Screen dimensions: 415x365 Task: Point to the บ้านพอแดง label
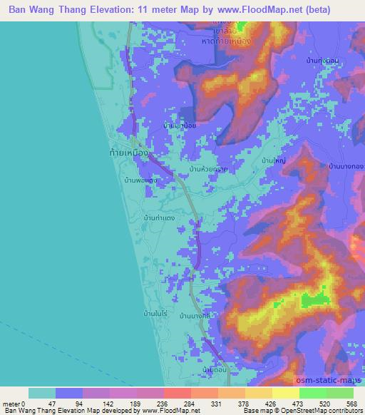pos(140,180)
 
